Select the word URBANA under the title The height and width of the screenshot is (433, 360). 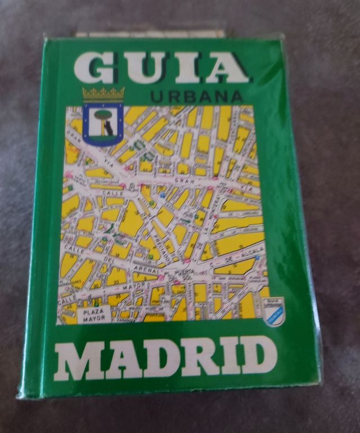click(197, 97)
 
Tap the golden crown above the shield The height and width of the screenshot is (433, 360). click(102, 93)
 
